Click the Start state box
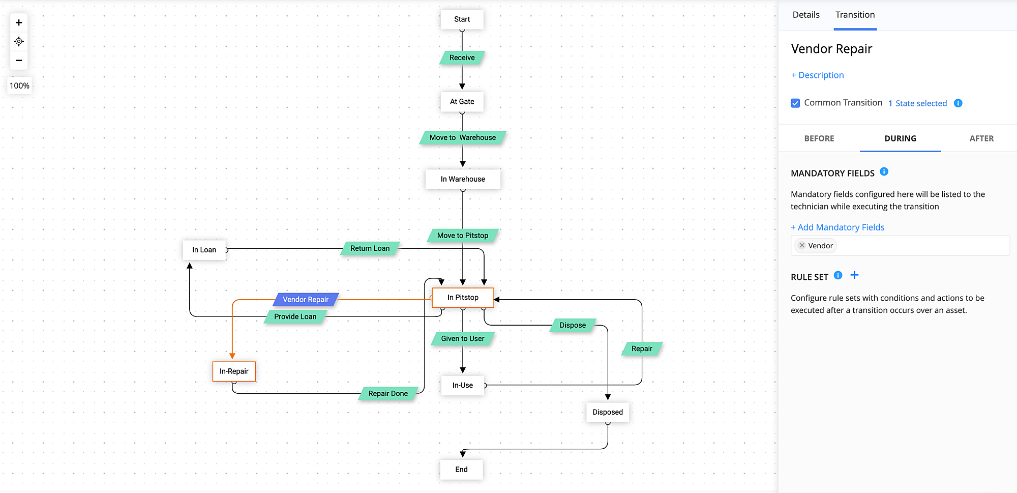point(462,19)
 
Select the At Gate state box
point(462,102)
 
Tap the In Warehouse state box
point(463,179)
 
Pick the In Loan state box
point(204,250)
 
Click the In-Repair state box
point(234,371)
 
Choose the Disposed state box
point(607,412)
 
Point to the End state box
point(461,470)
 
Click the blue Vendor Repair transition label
point(306,300)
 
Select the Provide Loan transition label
point(295,316)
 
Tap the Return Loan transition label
point(370,248)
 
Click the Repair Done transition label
point(388,393)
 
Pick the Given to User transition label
point(462,339)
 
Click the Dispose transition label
point(573,325)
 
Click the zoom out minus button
point(19,61)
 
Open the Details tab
point(806,15)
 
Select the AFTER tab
point(981,138)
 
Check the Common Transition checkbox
point(795,103)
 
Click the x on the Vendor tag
point(802,245)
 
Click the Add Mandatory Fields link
point(837,227)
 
